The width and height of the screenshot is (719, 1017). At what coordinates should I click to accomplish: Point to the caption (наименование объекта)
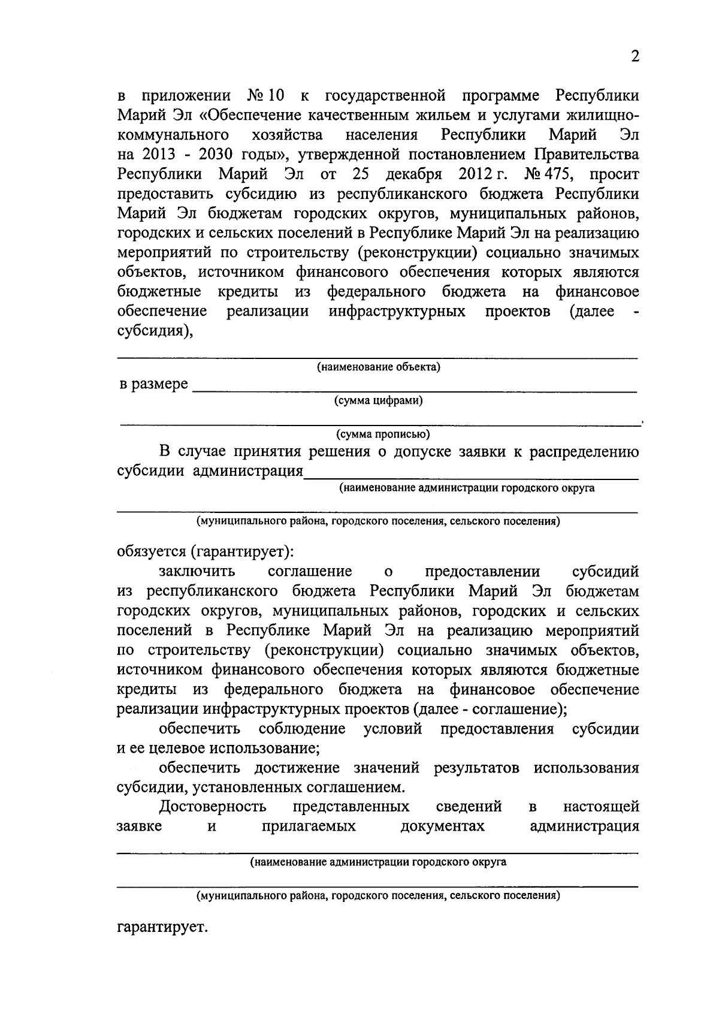(x=379, y=367)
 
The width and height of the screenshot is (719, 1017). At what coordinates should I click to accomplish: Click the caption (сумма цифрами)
(x=379, y=401)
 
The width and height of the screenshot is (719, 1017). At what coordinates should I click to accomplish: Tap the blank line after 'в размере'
(x=413, y=390)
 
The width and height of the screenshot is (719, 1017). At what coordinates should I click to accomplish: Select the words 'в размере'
(x=153, y=384)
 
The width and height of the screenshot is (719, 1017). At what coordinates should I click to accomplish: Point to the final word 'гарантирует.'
(x=162, y=929)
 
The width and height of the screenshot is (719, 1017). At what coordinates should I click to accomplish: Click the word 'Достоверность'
(x=213, y=807)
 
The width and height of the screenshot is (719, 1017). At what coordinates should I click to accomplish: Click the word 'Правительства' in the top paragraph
(x=585, y=155)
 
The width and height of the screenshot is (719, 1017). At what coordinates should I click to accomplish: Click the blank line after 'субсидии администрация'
(x=471, y=477)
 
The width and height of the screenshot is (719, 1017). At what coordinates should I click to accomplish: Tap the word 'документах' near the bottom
(x=442, y=826)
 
